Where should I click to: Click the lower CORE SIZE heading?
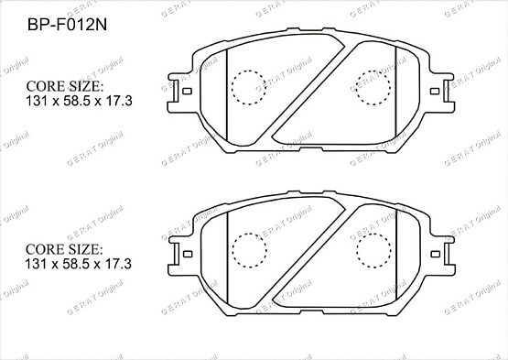click(63, 248)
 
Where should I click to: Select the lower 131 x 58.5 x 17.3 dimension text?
click(80, 264)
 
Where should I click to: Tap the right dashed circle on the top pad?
click(371, 88)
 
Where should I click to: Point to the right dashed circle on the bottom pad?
click(371, 248)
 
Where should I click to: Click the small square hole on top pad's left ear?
click(186, 92)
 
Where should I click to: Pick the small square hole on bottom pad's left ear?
click(186, 252)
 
